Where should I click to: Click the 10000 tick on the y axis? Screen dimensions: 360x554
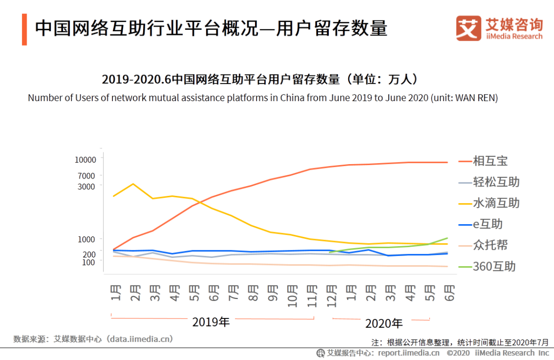coord(85,159)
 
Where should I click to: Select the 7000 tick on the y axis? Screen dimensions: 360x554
coord(87,176)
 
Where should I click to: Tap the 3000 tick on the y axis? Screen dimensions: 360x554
coord(87,186)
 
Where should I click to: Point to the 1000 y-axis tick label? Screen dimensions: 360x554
coord(87,239)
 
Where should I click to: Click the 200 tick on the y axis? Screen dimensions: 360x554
coord(89,254)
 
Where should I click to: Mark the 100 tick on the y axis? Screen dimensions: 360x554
coord(89,262)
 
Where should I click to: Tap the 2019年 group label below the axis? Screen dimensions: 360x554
coord(211,322)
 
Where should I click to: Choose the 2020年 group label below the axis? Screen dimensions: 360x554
coord(384,324)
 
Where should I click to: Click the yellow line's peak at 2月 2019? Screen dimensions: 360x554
coord(133,184)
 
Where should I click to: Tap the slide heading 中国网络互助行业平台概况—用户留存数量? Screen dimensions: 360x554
coord(211,29)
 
